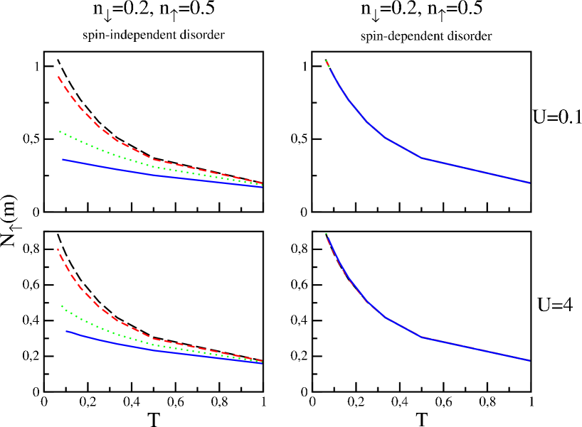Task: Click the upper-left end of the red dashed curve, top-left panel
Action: click(x=58, y=77)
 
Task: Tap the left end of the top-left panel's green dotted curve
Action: click(x=60, y=131)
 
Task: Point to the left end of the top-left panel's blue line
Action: click(x=63, y=160)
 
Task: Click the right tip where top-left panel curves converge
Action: click(x=262, y=185)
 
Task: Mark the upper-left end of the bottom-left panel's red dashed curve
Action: click(x=58, y=249)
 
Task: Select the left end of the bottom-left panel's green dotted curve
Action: click(x=62, y=306)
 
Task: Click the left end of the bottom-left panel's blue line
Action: click(x=67, y=331)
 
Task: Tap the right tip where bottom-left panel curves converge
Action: click(x=262, y=362)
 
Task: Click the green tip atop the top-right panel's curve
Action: click(x=326, y=61)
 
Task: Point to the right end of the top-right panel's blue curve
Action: click(x=529, y=183)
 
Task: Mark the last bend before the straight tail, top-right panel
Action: click(x=423, y=158)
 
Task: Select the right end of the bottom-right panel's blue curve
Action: click(x=529, y=360)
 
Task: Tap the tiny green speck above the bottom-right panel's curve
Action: click(x=326, y=233)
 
